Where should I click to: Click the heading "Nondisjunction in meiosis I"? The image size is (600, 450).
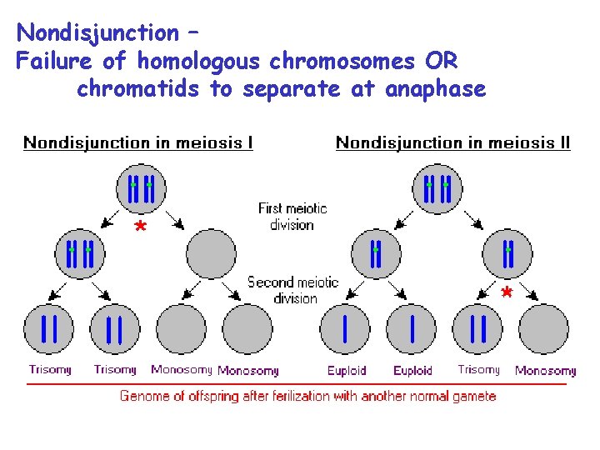coord(138,142)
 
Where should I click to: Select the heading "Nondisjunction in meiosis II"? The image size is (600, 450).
coord(452,142)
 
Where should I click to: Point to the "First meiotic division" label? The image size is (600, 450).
coord(292,216)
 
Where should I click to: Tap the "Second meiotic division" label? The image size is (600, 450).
coord(293,290)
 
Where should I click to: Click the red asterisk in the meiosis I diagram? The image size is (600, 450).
coord(141,227)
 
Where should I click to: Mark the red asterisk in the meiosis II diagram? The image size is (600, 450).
coord(506,292)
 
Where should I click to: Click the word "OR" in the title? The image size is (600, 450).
coord(440,61)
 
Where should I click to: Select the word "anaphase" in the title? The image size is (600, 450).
coord(435,88)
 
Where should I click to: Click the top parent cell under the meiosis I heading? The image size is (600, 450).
coord(141,188)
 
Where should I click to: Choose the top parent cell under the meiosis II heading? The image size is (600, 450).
coord(437,188)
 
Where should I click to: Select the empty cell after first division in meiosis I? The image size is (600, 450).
coord(211,253)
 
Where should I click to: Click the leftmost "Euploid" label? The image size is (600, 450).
coord(346,370)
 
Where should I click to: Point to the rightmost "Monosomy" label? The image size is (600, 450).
coord(545,370)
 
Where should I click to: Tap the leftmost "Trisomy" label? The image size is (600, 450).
coord(50,369)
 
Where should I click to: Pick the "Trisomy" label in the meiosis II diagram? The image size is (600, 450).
coord(479,369)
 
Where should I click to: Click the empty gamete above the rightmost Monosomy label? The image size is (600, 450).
coord(543,329)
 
